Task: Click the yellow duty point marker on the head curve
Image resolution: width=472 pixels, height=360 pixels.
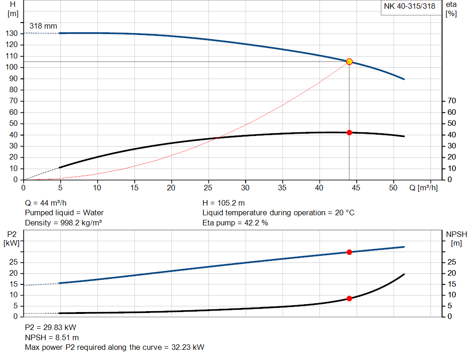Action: pyautogui.click(x=349, y=62)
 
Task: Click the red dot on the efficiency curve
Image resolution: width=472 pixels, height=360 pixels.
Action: pyautogui.click(x=349, y=133)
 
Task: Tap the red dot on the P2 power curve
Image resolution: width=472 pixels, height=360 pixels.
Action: pyautogui.click(x=349, y=252)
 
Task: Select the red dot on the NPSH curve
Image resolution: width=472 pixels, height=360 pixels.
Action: pyautogui.click(x=349, y=299)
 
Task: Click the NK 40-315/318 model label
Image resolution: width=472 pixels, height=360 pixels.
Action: pyautogui.click(x=409, y=6)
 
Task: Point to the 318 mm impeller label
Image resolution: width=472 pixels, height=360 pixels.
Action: pyautogui.click(x=43, y=26)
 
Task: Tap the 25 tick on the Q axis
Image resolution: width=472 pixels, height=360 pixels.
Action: pyautogui.click(x=208, y=188)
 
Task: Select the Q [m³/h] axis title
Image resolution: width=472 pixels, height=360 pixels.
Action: pyautogui.click(x=423, y=188)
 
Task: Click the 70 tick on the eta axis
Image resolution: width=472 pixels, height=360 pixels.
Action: pyautogui.click(x=452, y=101)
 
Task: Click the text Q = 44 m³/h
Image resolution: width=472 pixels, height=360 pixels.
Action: pyautogui.click(x=48, y=203)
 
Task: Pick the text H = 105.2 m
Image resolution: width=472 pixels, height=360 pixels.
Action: pyautogui.click(x=224, y=203)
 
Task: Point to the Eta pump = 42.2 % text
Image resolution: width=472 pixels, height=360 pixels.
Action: pyautogui.click(x=235, y=223)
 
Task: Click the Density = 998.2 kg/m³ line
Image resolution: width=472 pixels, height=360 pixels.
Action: pyautogui.click(x=63, y=223)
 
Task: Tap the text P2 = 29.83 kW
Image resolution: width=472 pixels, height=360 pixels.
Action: pyautogui.click(x=50, y=327)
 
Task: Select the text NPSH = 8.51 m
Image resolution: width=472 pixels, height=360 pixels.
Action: pyautogui.click(x=52, y=337)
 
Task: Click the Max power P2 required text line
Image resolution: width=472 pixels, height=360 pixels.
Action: pyautogui.click(x=114, y=348)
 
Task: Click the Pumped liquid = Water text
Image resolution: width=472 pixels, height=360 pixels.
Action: pyautogui.click(x=64, y=213)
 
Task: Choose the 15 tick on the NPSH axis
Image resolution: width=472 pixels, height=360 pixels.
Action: pyautogui.click(x=452, y=284)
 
